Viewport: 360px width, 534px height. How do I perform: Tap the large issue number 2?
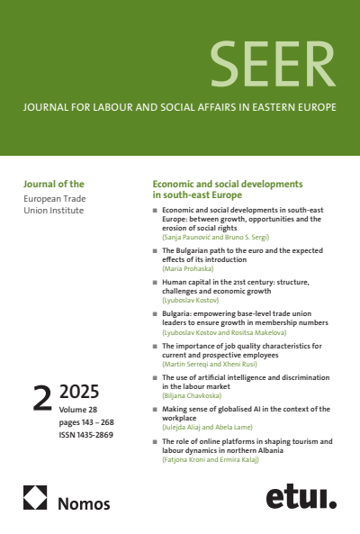click(x=42, y=398)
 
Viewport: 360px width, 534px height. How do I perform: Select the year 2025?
click(x=78, y=392)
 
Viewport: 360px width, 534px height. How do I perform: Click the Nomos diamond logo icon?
click(x=36, y=498)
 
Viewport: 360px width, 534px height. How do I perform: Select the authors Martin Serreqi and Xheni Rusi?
click(x=214, y=364)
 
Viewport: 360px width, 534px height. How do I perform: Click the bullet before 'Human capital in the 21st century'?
click(x=154, y=282)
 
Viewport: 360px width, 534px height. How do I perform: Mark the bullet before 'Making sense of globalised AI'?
click(x=154, y=409)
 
